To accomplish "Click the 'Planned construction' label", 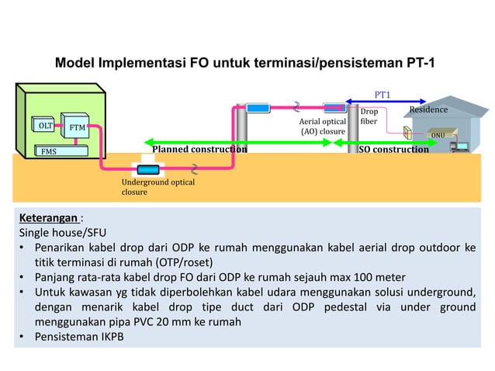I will (199, 149).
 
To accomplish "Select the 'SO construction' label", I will (393, 149).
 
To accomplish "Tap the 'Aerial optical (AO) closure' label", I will (322, 127).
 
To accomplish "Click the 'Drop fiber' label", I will (369, 117).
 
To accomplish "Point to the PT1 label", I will (382, 95).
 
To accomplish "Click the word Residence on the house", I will (429, 109).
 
